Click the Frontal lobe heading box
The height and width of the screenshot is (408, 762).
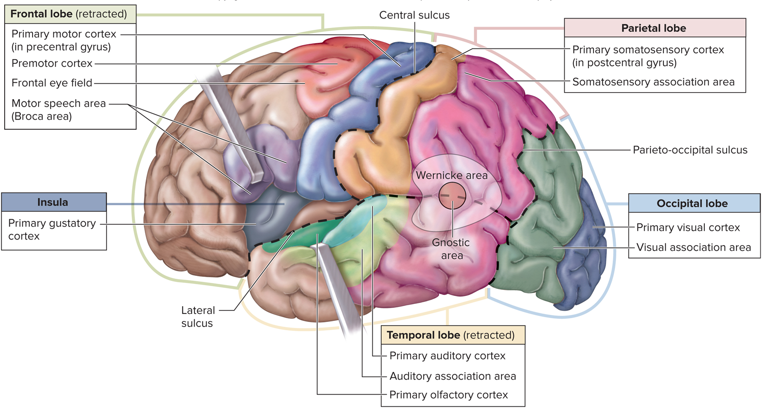click(70, 14)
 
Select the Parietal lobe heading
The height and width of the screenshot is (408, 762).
click(654, 28)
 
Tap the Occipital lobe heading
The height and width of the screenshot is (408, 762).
click(693, 203)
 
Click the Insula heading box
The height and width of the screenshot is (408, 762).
click(53, 202)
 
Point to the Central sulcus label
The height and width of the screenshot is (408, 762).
click(414, 15)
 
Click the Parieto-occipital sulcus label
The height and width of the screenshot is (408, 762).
click(690, 150)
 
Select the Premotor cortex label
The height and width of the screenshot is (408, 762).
click(52, 63)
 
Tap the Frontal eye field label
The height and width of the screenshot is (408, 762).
click(52, 83)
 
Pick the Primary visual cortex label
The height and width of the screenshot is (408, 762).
click(688, 227)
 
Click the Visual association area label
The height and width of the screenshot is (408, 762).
click(694, 247)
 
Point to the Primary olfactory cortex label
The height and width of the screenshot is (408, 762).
click(449, 395)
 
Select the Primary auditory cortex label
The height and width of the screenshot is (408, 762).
click(447, 356)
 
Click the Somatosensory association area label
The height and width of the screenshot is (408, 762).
click(654, 82)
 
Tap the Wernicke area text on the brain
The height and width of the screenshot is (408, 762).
click(452, 175)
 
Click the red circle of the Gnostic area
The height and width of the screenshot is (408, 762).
click(452, 195)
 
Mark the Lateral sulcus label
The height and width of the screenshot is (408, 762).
click(198, 317)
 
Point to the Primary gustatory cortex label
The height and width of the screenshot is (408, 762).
click(52, 229)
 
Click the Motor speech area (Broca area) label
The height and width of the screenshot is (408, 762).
click(59, 110)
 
